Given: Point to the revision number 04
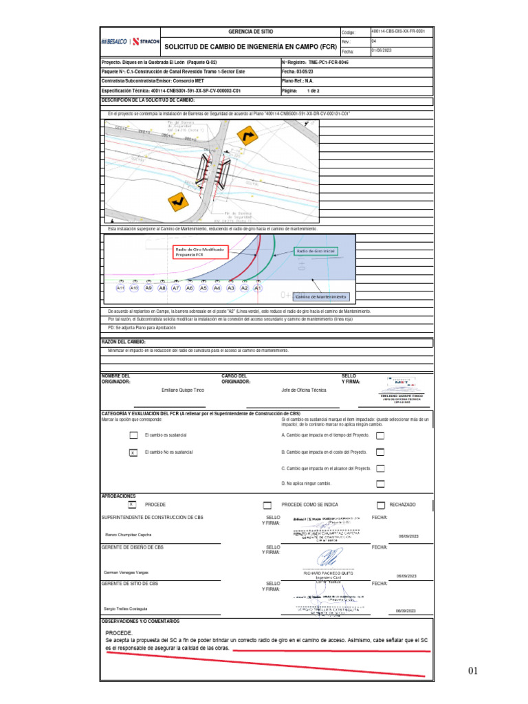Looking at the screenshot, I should [x=374, y=41].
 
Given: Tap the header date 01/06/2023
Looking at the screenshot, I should [x=382, y=51].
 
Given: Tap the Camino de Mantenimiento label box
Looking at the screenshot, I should [x=322, y=297].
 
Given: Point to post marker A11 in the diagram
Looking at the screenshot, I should [x=121, y=289].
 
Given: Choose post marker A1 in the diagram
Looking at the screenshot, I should [x=258, y=289].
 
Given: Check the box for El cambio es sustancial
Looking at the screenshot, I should [x=133, y=435].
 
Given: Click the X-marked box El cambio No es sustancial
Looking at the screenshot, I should [x=133, y=452].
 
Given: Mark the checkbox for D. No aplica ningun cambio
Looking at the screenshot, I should [x=380, y=483].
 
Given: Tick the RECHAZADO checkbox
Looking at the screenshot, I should [x=381, y=505].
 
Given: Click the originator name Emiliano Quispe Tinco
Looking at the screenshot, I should [x=183, y=390].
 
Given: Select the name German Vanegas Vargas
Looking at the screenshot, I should [x=126, y=572].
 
